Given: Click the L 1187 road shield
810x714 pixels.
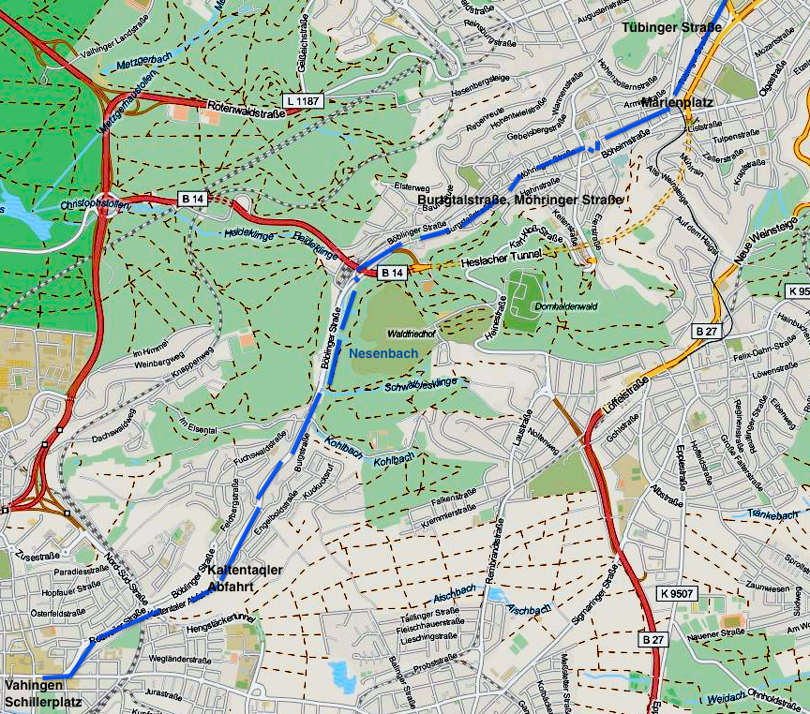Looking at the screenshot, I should click(304, 99).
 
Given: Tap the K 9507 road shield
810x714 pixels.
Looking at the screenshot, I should click(677, 593).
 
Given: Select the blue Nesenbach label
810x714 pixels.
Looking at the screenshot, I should click(380, 353).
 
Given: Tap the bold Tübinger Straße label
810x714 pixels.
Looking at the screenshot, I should click(671, 27).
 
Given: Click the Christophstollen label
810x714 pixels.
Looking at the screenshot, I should click(92, 203).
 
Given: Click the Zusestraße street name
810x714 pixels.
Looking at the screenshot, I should click(37, 556).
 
